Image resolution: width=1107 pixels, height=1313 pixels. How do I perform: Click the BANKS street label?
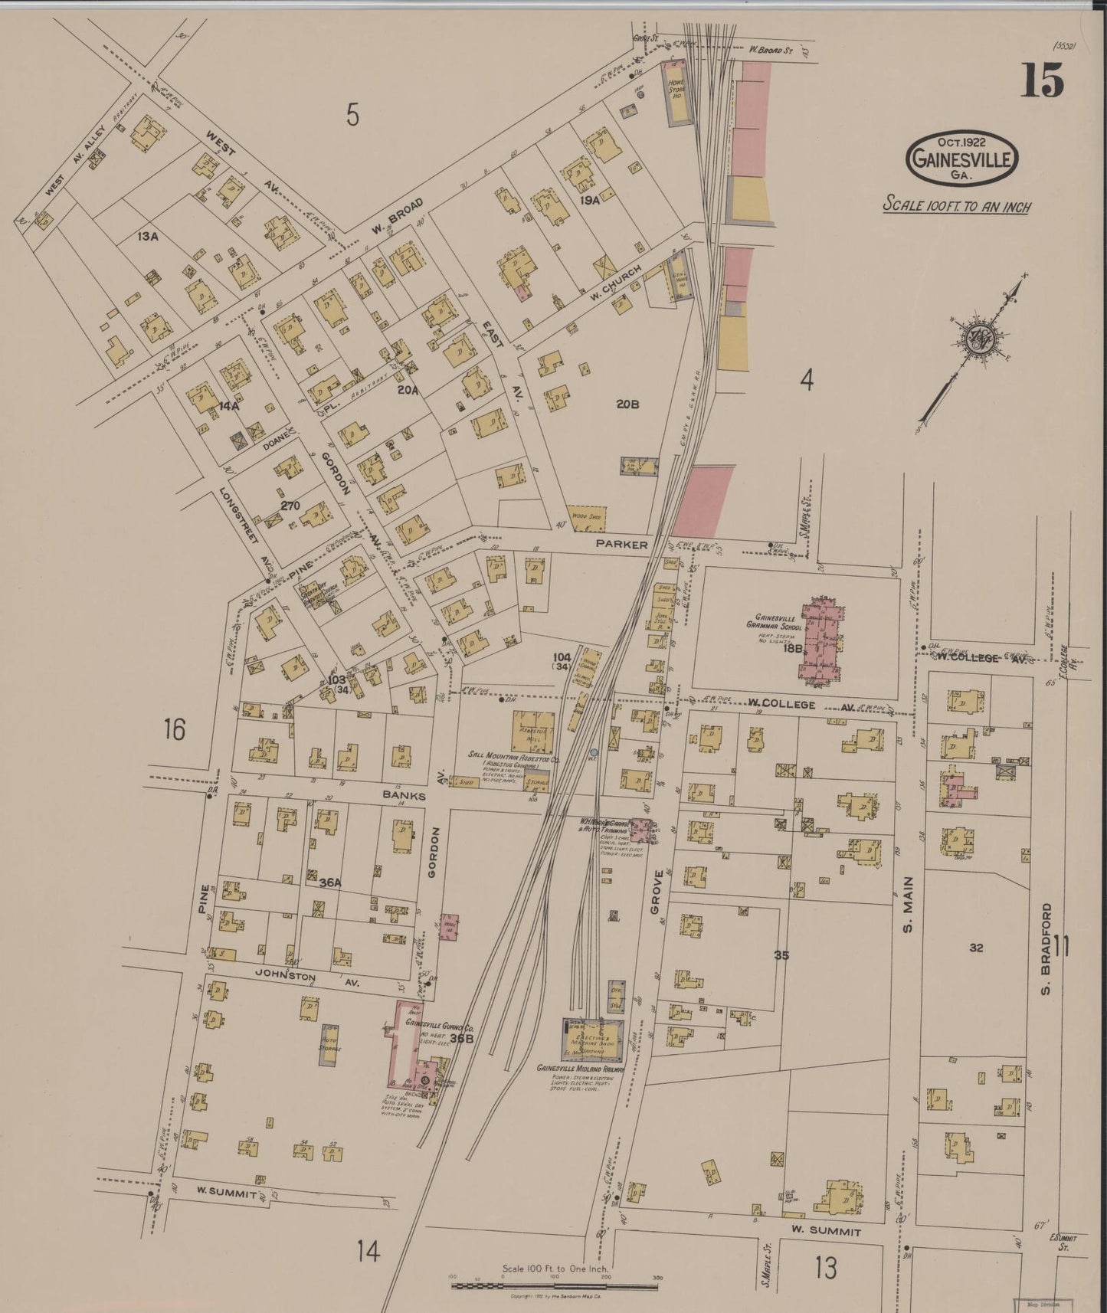[x=404, y=796]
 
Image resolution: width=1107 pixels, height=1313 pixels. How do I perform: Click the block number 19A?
[x=588, y=201]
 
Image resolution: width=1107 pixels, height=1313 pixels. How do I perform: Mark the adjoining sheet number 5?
[x=352, y=115]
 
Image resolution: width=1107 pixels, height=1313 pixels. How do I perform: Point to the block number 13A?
[x=147, y=237]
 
